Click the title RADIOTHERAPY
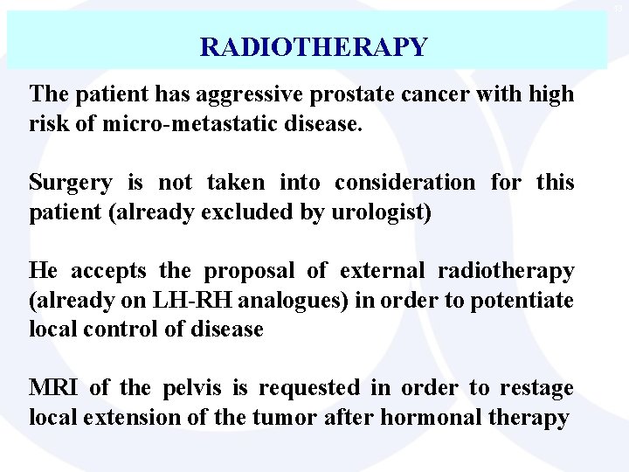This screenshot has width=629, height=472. point(314,46)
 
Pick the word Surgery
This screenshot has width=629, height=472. point(70,183)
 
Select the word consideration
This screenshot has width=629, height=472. point(398,183)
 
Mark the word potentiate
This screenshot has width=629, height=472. point(523,299)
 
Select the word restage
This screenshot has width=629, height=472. point(536,387)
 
